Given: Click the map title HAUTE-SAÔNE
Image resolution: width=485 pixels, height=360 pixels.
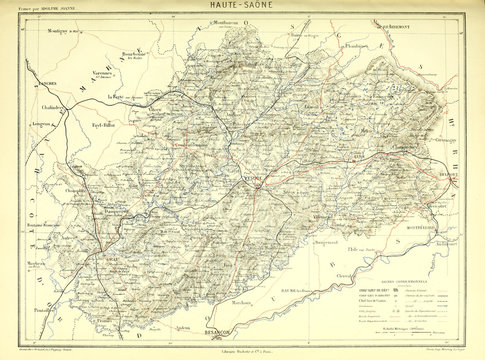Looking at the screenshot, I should tap(242, 7).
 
